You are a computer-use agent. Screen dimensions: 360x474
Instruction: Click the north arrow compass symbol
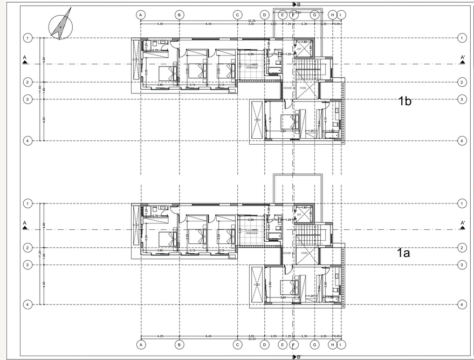coord(59,24)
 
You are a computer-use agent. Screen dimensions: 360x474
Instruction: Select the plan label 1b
coord(404,101)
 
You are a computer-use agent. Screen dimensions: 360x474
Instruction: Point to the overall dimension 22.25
coord(237,20)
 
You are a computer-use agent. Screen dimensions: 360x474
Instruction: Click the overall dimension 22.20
coord(237,339)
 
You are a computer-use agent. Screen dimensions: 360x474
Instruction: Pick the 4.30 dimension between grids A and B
coord(160,24)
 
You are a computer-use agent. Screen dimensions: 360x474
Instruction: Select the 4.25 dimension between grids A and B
coord(160,336)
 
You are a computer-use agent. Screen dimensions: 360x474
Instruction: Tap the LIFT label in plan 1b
coord(299,49)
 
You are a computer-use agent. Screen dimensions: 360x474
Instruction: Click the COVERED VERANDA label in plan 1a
coord(251,232)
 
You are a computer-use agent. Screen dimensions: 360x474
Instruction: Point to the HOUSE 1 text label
coord(287,253)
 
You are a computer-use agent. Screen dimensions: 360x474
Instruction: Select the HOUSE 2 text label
coord(287,87)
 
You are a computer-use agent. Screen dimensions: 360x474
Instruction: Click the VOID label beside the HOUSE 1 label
coord(304,253)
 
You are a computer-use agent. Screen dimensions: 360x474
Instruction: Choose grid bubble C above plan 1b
coord(237,15)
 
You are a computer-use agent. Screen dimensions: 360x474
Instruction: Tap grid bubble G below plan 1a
coord(314,344)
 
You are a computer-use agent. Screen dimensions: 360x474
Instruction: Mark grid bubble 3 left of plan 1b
coord(27,99)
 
